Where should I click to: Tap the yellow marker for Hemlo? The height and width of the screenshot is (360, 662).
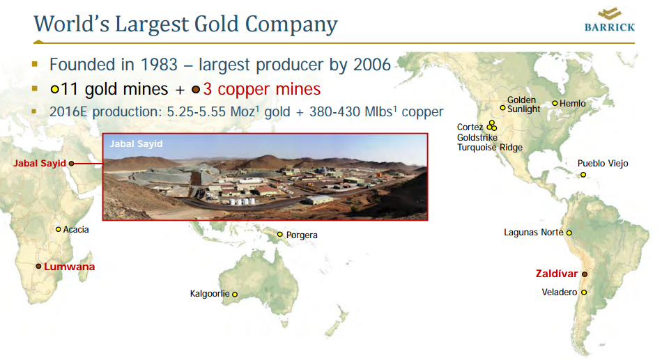pos(555,103)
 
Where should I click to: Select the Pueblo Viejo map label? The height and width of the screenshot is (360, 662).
pos(603,164)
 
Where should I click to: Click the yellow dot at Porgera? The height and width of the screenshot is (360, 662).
pos(280,235)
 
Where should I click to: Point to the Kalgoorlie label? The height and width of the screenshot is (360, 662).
pos(210,294)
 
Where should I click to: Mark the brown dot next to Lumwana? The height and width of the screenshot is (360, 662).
pos(38,266)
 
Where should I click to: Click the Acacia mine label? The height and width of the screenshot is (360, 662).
pos(76,229)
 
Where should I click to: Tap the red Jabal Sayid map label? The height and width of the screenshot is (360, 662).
pos(39,164)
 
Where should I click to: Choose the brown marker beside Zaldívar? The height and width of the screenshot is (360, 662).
pos(585,274)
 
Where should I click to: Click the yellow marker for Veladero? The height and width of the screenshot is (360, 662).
pos(584,292)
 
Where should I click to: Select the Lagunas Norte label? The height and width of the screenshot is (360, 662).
pos(533,233)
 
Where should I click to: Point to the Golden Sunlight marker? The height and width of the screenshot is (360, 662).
pos(502,108)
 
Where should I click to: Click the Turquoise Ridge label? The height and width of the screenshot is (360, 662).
pos(489,148)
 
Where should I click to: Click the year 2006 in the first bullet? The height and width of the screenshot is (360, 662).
pos(370,65)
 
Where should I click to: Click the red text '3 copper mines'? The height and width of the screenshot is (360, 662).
pos(261,89)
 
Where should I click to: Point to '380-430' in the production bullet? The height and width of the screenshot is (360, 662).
pos(330,111)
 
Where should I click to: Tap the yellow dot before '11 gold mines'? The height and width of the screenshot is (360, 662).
pos(54,89)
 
